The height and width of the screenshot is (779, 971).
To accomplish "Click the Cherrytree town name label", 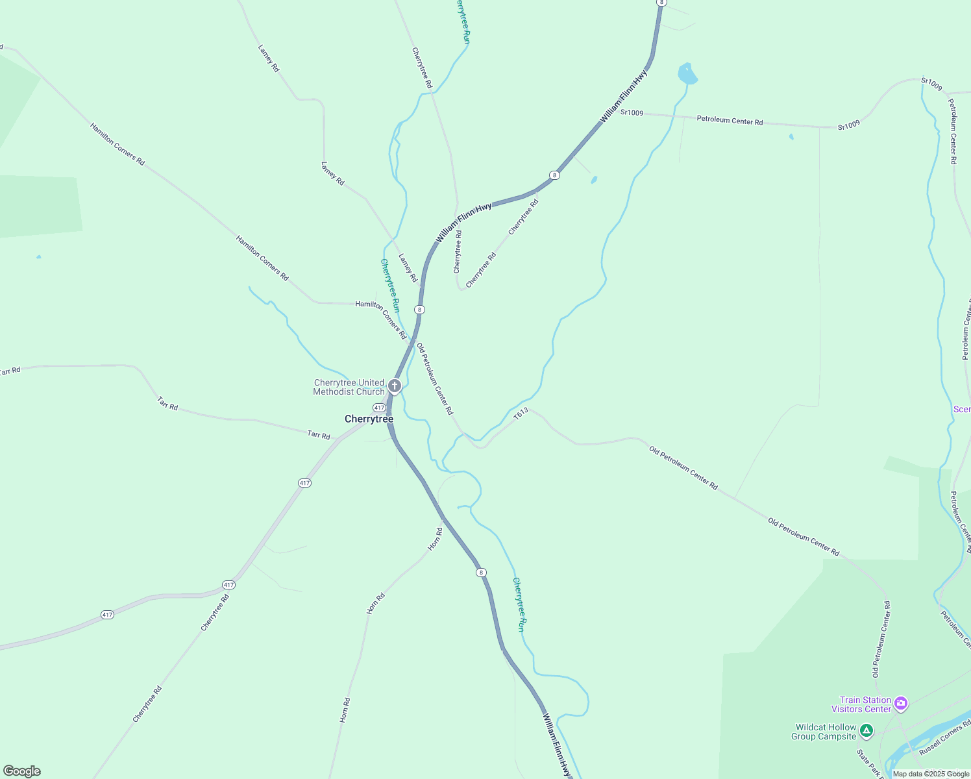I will pos(369,419).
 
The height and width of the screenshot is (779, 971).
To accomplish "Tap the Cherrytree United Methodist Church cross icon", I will pos(394,387).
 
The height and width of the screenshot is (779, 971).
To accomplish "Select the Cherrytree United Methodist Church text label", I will pos(349,388).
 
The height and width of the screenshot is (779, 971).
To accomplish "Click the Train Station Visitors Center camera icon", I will pos(900,703).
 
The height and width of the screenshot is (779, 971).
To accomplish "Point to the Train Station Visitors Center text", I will pos(861,704).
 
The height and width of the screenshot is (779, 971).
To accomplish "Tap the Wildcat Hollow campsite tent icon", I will pos(866,732).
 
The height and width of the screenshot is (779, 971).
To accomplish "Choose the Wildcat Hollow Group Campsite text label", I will pos(824,732).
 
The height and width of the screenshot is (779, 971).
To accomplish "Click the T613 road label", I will pos(521,414).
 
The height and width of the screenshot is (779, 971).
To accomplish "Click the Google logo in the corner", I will pos(22,771).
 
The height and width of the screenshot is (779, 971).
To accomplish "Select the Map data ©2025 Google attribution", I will pos(931,774).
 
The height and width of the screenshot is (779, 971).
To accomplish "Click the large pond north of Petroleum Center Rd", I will pos(687,74).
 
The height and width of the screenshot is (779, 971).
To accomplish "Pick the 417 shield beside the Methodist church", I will pos(379,408).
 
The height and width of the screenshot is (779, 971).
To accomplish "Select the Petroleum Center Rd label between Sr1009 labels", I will pos(730,120).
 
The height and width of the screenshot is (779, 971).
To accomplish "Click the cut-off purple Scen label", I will pos(962,409).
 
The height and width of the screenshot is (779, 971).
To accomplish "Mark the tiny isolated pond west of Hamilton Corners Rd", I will pos(39,257).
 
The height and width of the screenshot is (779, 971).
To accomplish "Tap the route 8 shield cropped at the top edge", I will pos(661,3).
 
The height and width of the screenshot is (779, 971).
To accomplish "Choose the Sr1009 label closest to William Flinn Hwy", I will pos(632,113).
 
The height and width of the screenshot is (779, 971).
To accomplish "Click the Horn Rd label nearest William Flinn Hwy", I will pos(436,539).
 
